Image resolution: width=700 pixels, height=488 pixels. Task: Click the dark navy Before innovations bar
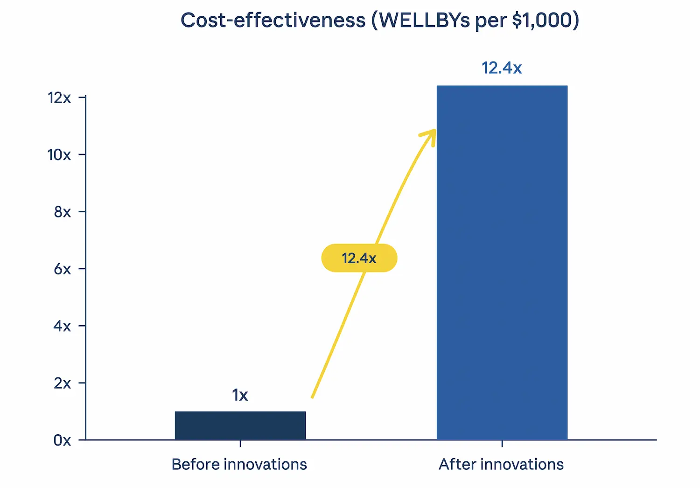(240, 425)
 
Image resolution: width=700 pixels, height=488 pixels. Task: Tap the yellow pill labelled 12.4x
(359, 258)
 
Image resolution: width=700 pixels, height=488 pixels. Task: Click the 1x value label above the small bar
(240, 395)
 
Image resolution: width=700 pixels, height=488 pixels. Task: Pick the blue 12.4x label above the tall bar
(502, 68)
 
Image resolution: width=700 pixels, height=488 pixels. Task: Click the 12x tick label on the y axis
(59, 98)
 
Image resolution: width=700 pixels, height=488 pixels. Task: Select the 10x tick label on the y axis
(59, 154)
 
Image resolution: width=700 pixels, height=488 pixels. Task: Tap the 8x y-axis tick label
(63, 212)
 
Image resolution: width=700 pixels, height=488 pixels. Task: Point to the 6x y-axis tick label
(63, 269)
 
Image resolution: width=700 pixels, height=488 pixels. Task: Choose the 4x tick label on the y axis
(63, 326)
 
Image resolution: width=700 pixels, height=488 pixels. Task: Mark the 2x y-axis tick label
(63, 383)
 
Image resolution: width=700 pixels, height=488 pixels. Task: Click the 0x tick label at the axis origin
(63, 440)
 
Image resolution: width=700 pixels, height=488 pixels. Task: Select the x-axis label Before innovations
(239, 464)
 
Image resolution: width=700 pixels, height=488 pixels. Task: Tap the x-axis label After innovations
(501, 464)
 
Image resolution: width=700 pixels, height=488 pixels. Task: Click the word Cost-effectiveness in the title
(273, 21)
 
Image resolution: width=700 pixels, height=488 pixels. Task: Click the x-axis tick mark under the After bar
(502, 443)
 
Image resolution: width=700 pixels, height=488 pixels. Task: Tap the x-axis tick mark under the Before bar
(240, 443)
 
